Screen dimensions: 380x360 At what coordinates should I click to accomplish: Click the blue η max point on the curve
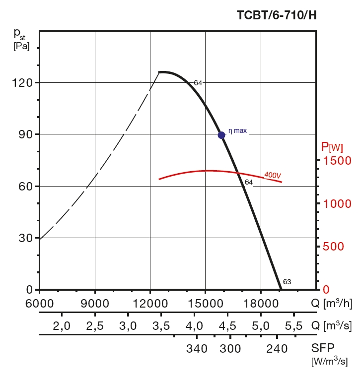pyautogui.click(x=221, y=135)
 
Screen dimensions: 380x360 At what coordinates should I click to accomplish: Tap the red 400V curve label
pyautogui.click(x=273, y=175)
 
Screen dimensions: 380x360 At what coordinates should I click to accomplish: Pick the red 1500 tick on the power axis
pyautogui.click(x=337, y=161)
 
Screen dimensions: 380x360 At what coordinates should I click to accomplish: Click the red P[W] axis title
pyautogui.click(x=332, y=147)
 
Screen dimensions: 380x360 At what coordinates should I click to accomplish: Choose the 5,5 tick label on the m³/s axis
pyautogui.click(x=293, y=326)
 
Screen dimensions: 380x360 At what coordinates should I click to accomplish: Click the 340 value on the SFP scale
pyautogui.click(x=197, y=349)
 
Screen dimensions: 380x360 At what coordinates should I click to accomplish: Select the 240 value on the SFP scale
pyautogui.click(x=277, y=349)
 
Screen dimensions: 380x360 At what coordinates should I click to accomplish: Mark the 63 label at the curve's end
pyautogui.click(x=287, y=282)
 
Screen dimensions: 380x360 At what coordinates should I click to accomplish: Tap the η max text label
pyautogui.click(x=237, y=131)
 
